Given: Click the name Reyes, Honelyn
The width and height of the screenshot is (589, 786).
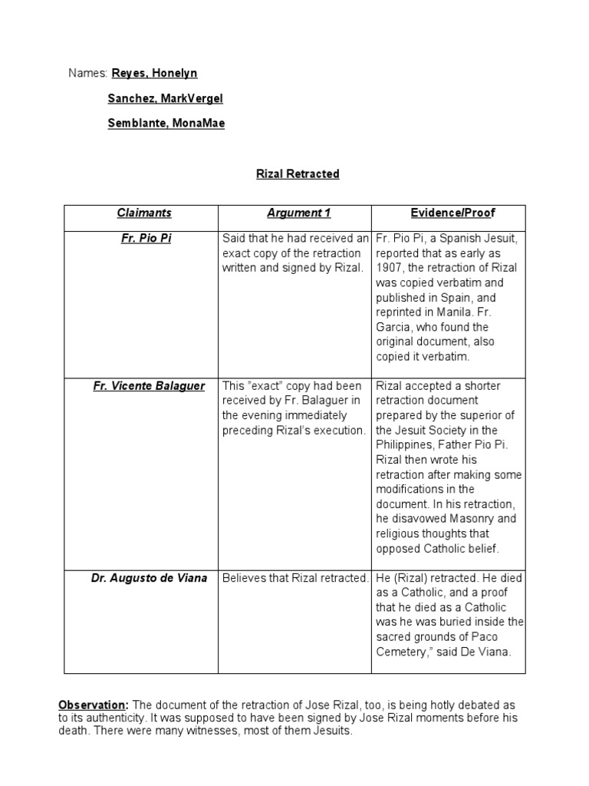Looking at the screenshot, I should [154, 73].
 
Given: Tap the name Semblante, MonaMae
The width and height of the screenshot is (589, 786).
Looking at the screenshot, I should [166, 123].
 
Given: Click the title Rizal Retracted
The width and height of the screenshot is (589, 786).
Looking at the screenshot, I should [298, 173].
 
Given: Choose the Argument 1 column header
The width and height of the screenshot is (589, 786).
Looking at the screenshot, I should [294, 213].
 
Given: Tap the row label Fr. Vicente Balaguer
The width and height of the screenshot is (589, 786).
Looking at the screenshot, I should [149, 386].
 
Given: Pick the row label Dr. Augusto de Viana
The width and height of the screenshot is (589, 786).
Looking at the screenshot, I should [149, 578].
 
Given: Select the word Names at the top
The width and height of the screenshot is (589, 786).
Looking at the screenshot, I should [86, 73].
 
